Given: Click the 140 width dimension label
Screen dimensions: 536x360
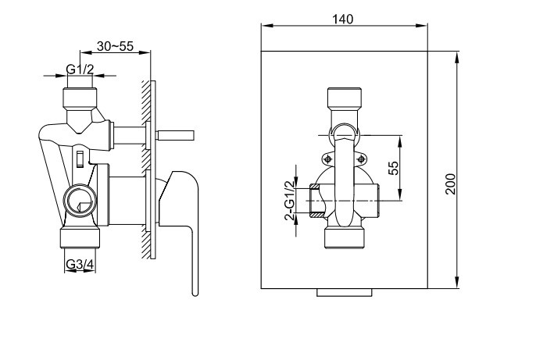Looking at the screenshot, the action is coord(342,19).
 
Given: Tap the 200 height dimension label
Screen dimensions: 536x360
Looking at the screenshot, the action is coord(451,184).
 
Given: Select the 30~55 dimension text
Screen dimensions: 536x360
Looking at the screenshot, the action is coord(115,46).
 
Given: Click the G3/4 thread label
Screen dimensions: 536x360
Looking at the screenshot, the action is coord(80,264).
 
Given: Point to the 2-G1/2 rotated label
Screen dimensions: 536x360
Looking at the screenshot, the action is coord(290,201).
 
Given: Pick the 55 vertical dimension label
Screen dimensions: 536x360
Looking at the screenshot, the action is coord(394,168).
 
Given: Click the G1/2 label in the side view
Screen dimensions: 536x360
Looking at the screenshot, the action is coord(80,70).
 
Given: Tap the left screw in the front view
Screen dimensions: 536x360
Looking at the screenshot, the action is coord(328,159).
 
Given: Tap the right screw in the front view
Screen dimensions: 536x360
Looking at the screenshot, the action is coord(361,159).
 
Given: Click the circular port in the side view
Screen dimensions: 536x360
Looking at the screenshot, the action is coord(80,201).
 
